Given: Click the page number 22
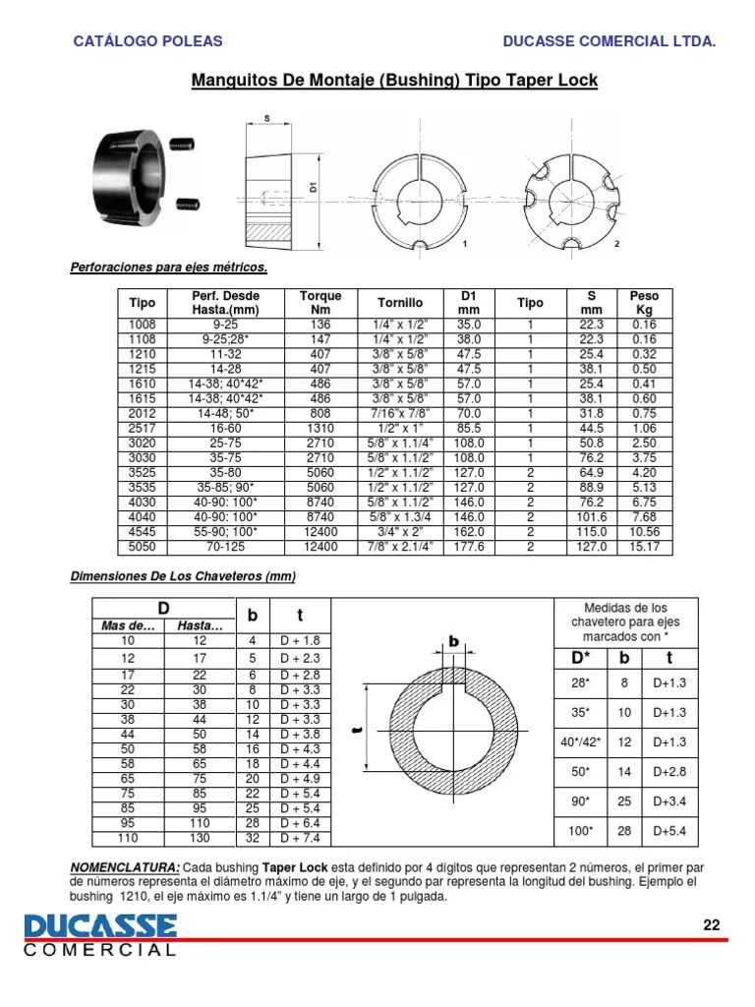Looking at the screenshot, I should click(x=712, y=923).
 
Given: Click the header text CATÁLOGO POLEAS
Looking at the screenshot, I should click(x=148, y=41).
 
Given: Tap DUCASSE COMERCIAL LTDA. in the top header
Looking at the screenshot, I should click(x=609, y=41).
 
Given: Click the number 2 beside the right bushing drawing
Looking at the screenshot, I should click(x=616, y=243).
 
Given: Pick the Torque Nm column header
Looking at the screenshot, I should click(x=319, y=303).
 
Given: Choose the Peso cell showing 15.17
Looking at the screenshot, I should click(x=644, y=546).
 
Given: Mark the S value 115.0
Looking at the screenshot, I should click(x=592, y=531).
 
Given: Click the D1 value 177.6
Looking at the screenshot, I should click(x=469, y=546).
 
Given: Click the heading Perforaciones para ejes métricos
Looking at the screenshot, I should click(x=168, y=267).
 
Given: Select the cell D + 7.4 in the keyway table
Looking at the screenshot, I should click(x=300, y=838).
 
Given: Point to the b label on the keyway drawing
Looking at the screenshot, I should click(x=454, y=641).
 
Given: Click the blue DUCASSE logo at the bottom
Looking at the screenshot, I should click(x=101, y=926).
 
